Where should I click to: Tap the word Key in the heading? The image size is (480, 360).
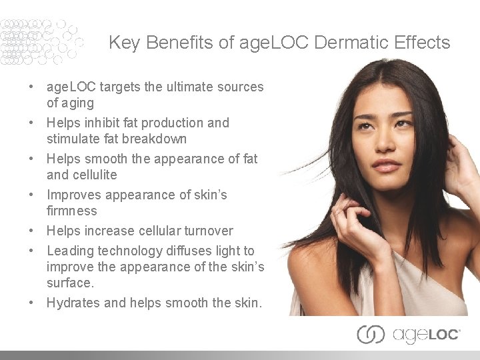pyautogui.click(x=124, y=43)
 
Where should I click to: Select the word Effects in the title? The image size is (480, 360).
pyautogui.click(x=421, y=43)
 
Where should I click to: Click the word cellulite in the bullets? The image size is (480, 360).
pyautogui.click(x=91, y=175)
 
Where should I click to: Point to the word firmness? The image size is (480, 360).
pyautogui.click(x=72, y=211)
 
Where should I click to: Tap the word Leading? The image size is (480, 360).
pyautogui.click(x=70, y=251)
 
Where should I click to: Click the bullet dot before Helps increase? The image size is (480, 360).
pyautogui.click(x=31, y=231)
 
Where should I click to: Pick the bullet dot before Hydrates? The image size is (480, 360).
pyautogui.click(x=31, y=303)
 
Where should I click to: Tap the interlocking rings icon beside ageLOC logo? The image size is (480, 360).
pyautogui.click(x=371, y=334)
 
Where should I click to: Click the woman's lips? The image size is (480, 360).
pyautogui.click(x=385, y=163)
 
